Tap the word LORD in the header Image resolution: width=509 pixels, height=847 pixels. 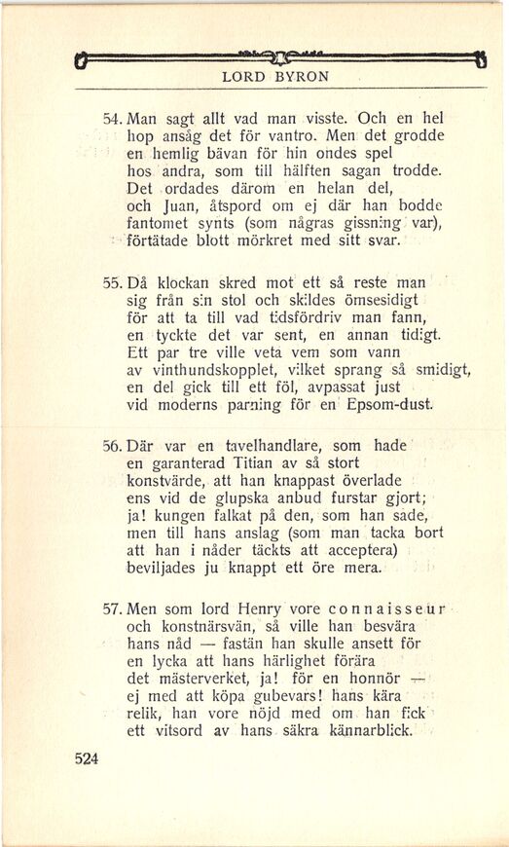click(243, 75)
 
